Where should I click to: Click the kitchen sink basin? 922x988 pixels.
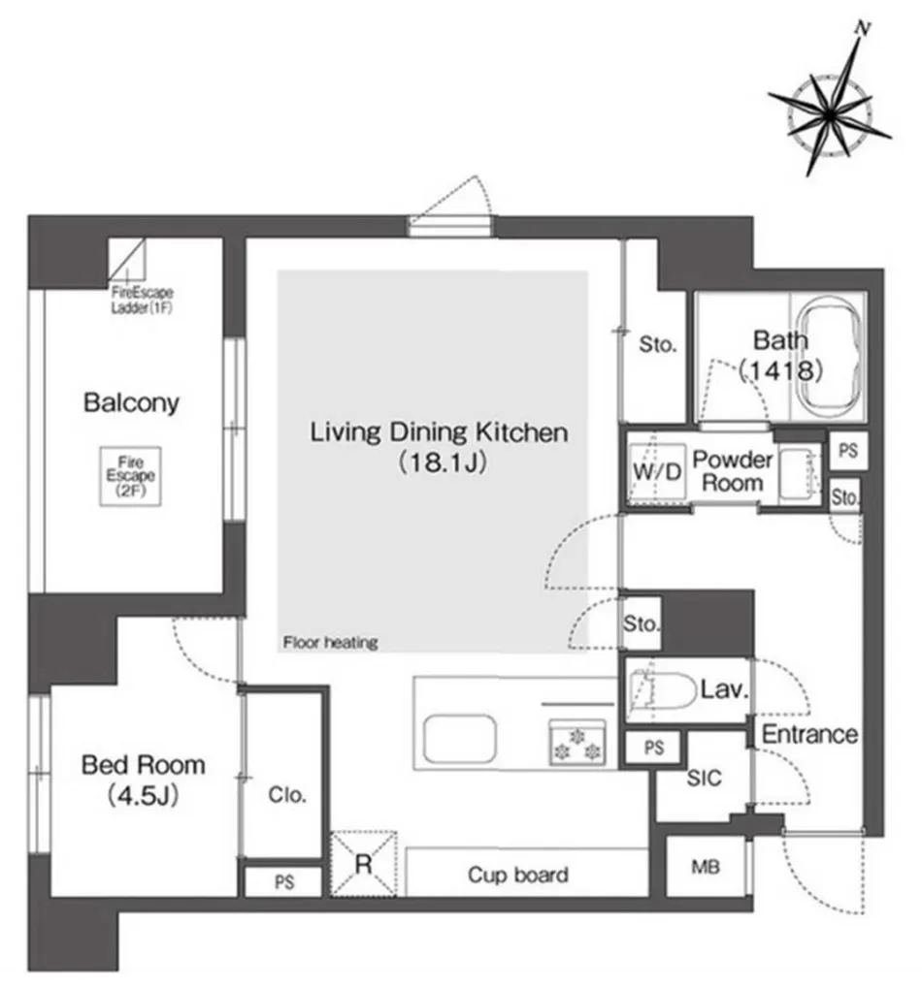(x=460, y=738)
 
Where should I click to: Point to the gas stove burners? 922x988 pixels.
(x=577, y=743)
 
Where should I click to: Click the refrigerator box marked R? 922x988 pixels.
(x=364, y=863)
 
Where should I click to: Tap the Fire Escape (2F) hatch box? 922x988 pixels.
(x=131, y=476)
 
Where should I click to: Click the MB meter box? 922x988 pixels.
(x=706, y=867)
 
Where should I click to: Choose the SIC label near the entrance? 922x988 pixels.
(x=704, y=779)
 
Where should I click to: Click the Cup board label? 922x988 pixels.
(x=517, y=876)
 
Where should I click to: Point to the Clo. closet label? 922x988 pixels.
(x=287, y=795)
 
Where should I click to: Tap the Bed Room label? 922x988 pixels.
(x=144, y=765)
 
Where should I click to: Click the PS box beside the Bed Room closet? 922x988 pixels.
(x=283, y=881)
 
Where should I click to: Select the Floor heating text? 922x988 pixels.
(x=330, y=642)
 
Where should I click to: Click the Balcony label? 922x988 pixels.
(x=131, y=402)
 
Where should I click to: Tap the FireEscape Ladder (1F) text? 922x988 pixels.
(x=142, y=300)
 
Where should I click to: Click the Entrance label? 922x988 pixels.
(x=809, y=734)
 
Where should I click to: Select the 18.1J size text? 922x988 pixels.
(x=443, y=463)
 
